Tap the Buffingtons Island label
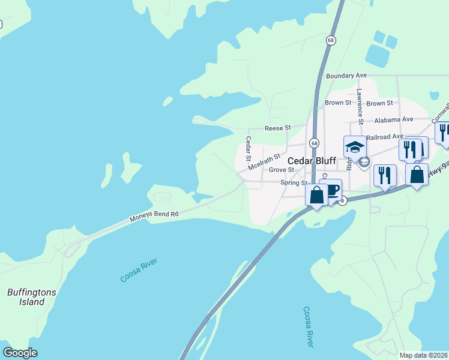31,297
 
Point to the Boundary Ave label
346,76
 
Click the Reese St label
278,128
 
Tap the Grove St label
281,170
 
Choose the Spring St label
295,182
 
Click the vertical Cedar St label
248,148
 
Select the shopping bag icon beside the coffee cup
316,194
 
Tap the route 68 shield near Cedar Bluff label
314,143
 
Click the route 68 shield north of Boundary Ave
331,40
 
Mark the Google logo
20,353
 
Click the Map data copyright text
423,355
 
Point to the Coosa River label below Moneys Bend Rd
138,271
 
